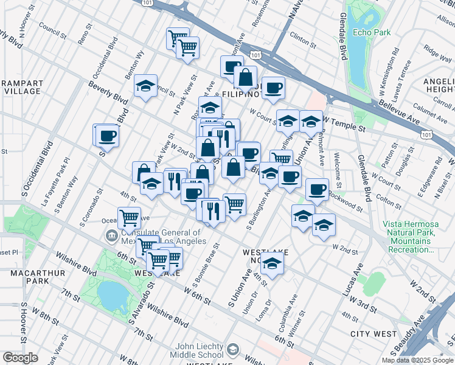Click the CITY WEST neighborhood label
(373, 334)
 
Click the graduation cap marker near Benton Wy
(145, 86)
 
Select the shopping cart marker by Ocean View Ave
(129, 217)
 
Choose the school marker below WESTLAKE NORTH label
(272, 265)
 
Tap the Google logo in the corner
(20, 358)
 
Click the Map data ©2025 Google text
(417, 360)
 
